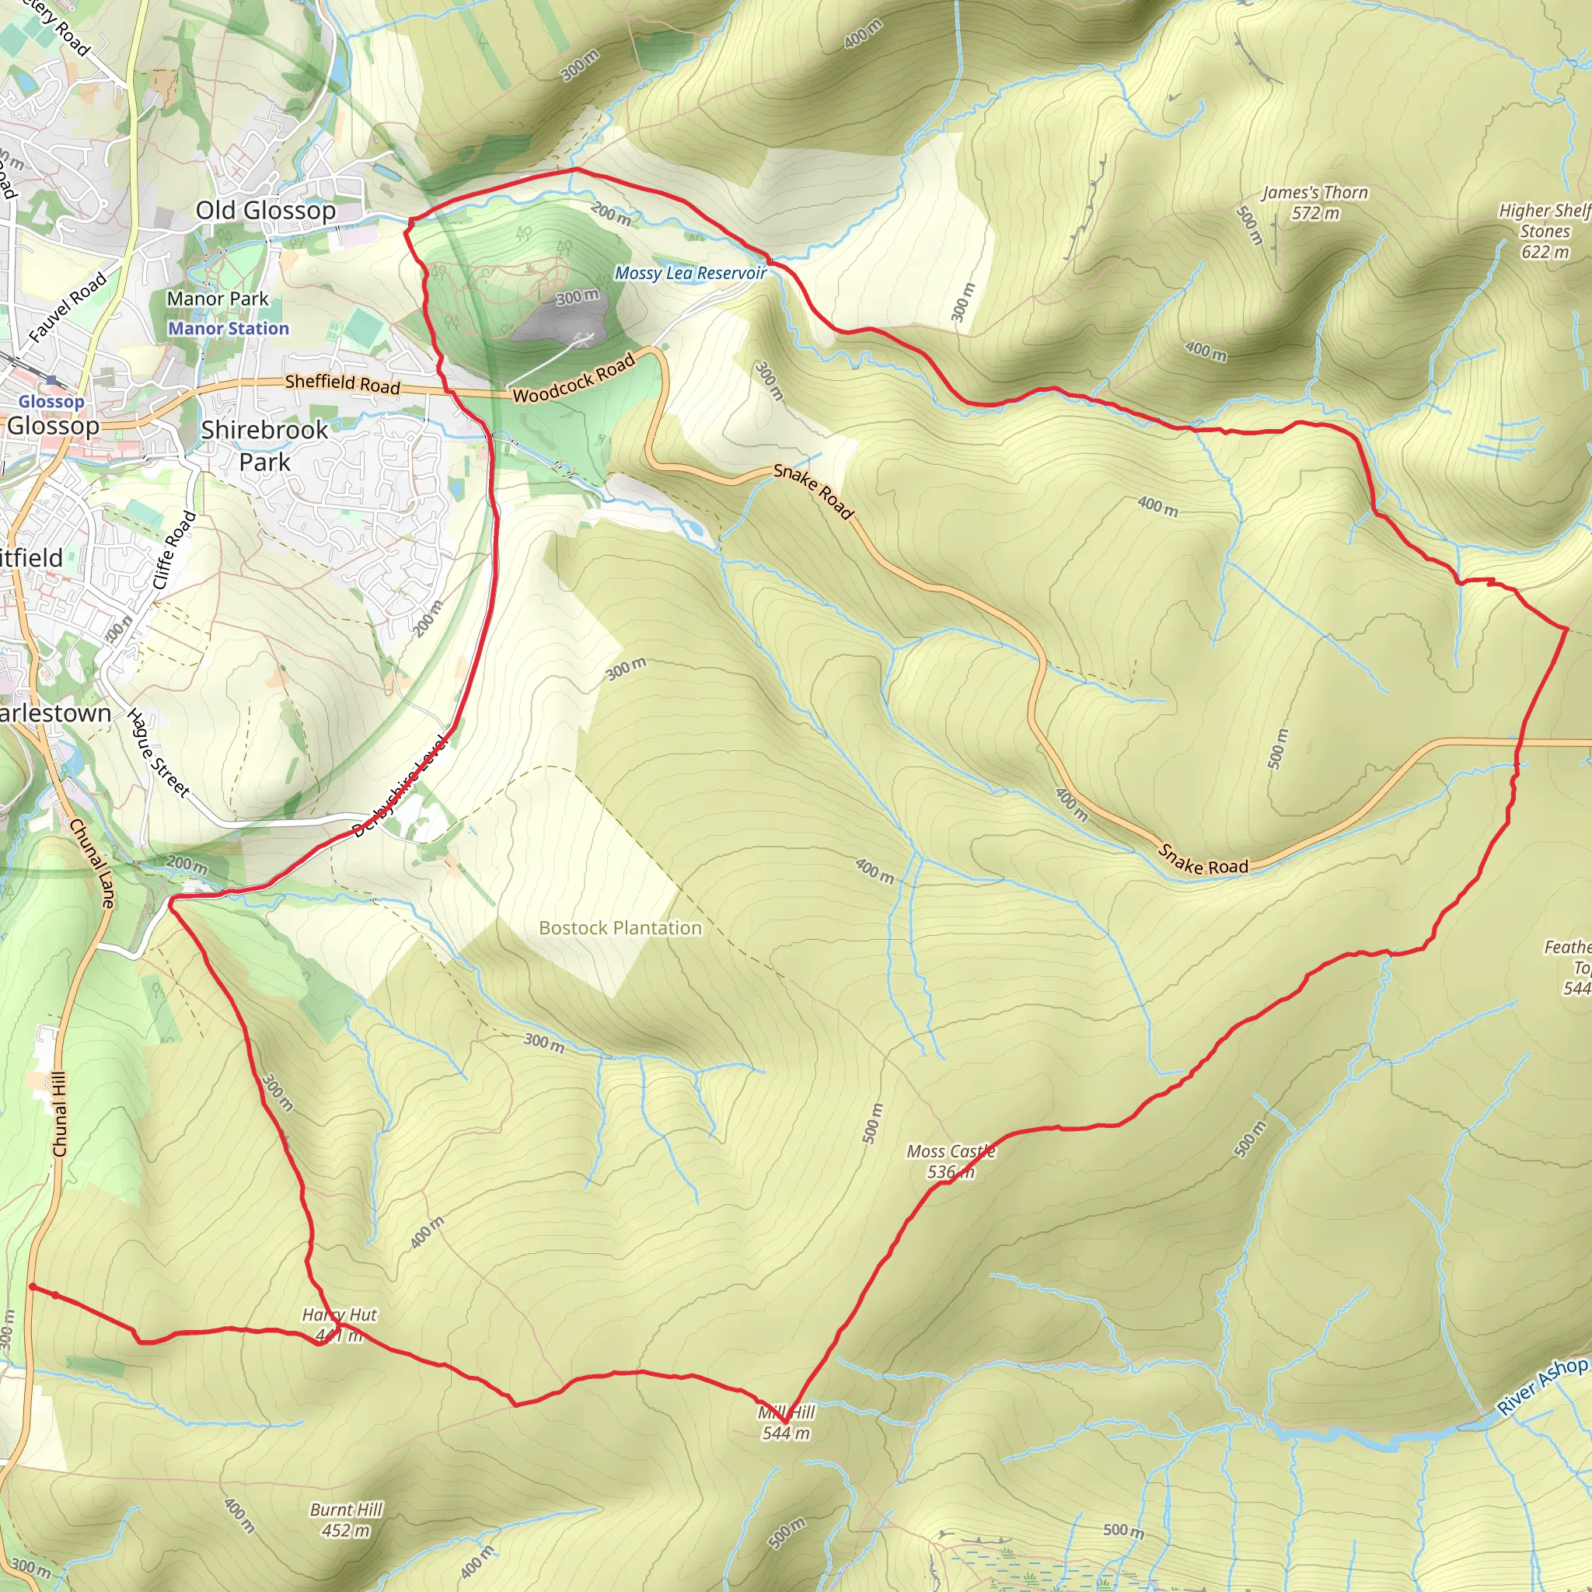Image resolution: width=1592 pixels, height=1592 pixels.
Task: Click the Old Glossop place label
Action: click(265, 210)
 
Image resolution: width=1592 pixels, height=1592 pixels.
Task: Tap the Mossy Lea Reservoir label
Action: click(690, 273)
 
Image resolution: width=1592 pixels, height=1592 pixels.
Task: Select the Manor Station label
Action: click(229, 328)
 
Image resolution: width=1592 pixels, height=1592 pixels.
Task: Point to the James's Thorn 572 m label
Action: click(1314, 203)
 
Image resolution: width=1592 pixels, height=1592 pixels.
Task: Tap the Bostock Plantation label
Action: click(620, 928)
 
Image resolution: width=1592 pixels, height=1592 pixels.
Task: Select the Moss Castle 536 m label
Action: click(951, 1161)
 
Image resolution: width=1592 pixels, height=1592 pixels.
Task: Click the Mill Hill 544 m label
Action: click(786, 1423)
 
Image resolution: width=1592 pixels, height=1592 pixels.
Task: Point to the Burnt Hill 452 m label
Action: click(346, 1520)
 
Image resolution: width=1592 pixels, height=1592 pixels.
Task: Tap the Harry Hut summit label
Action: click(339, 1324)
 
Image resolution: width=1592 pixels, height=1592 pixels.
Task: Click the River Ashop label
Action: click(1541, 1386)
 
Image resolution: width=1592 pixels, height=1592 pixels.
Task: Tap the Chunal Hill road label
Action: click(58, 1114)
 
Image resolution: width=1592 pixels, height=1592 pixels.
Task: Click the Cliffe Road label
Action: click(175, 550)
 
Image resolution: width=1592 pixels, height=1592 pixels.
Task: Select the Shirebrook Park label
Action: click(264, 445)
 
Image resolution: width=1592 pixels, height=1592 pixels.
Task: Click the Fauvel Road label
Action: click(68, 306)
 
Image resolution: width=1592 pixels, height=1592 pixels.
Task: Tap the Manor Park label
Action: click(218, 299)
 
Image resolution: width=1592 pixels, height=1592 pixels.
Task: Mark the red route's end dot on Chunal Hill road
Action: click(32, 1287)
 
